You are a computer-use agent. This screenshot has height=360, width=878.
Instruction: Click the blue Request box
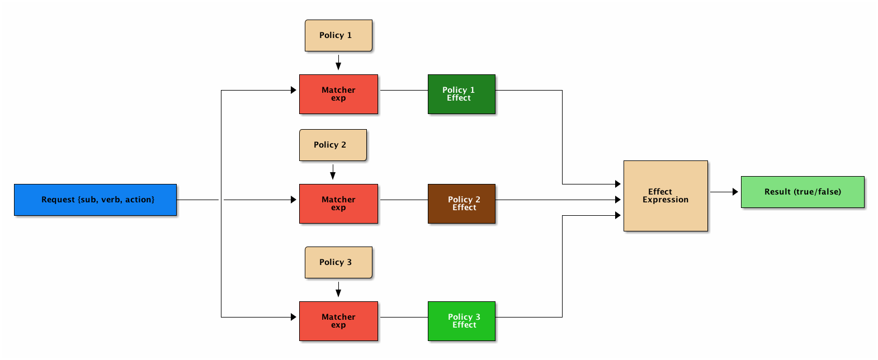click(95, 200)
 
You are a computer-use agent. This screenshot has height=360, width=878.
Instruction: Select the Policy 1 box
click(339, 35)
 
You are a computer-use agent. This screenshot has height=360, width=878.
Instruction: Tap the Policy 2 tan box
click(333, 145)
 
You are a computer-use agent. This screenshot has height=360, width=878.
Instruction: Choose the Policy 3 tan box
click(339, 263)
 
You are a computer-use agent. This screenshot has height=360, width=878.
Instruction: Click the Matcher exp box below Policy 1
click(339, 94)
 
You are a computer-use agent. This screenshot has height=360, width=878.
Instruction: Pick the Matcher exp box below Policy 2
click(339, 203)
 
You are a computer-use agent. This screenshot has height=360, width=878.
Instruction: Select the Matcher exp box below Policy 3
click(339, 321)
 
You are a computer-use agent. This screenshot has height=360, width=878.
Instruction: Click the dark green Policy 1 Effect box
click(462, 94)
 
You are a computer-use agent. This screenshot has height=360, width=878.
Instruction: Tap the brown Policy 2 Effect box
click(462, 203)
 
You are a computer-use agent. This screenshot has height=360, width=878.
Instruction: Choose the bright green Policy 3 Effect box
click(462, 321)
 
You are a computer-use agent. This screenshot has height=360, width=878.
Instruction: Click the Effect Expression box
click(665, 196)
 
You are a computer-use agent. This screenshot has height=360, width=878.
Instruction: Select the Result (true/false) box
click(803, 192)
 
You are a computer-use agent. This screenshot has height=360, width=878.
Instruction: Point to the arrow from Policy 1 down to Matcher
click(338, 62)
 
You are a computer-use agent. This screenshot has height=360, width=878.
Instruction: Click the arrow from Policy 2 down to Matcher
click(333, 172)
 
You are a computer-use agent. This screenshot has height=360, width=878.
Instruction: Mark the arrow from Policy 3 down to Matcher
click(338, 290)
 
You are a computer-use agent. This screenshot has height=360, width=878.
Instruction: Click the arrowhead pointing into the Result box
click(735, 192)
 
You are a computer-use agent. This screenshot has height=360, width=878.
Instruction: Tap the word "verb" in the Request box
click(111, 200)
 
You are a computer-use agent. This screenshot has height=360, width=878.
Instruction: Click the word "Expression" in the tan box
click(665, 200)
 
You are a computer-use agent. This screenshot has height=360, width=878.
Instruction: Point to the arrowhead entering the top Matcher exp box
click(294, 90)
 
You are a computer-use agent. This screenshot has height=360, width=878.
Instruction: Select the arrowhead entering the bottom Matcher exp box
click(294, 317)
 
